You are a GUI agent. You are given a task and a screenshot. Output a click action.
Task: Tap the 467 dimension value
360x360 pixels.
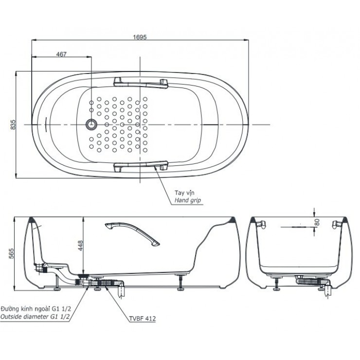61,54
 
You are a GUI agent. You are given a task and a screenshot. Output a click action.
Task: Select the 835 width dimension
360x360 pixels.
14,125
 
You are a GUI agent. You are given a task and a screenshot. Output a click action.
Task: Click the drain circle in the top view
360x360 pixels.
90,125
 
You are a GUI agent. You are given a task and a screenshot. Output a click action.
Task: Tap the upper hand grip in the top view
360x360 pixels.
140,81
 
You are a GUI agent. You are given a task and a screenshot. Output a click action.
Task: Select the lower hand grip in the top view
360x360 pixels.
140,167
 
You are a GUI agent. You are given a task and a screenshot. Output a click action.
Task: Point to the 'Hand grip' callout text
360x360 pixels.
187,200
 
